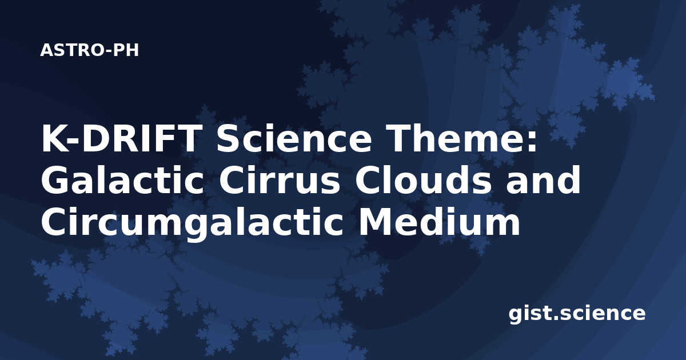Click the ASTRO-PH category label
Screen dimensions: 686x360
click(x=89, y=50)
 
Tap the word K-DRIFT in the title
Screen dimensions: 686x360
click(x=122, y=138)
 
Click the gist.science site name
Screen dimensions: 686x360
click(x=577, y=314)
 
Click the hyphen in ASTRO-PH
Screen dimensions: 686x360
click(x=109, y=51)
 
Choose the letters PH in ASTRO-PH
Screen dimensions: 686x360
click(x=126, y=50)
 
